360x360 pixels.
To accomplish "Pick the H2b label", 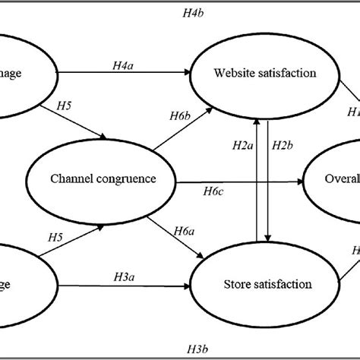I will click(283, 144).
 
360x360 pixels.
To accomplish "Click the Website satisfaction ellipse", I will click(264, 74).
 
